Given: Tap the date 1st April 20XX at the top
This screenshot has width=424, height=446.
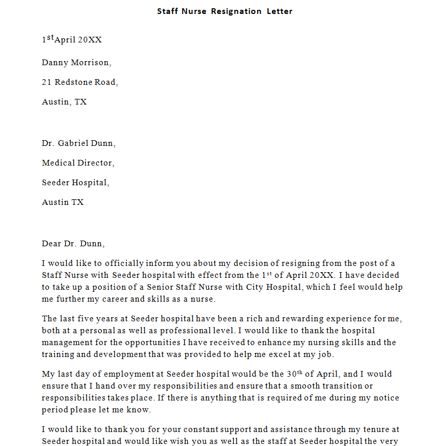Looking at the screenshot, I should (71, 40).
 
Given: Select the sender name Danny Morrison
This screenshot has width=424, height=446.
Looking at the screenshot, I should (76, 63).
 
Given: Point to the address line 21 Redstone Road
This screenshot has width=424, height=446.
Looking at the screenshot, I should (80, 82).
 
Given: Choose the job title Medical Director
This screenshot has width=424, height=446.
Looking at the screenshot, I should (78, 163).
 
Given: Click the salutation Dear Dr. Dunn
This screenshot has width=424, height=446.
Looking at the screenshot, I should (73, 243).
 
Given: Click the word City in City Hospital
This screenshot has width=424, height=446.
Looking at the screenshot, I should (255, 287).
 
